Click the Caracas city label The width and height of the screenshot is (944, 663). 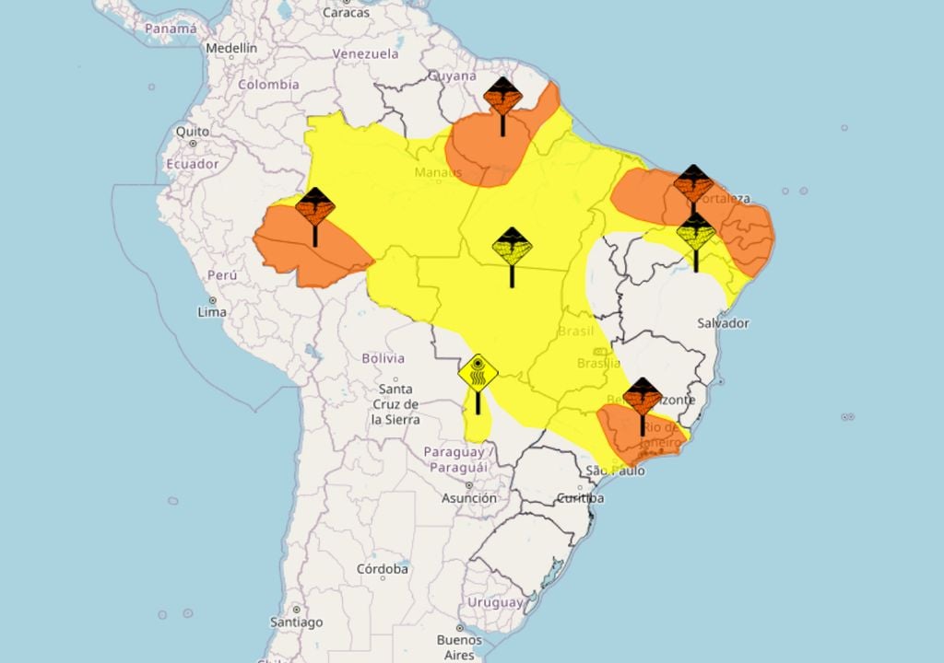coord(347,13)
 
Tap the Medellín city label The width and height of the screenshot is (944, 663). coord(231,48)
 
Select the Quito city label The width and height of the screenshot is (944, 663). coord(193,132)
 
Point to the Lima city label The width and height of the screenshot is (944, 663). coord(213,312)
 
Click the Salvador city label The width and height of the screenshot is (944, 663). coord(723,323)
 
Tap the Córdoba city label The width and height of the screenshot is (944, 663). coord(383,569)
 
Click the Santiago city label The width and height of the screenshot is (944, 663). coord(297,622)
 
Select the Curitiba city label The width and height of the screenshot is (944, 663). coord(581,498)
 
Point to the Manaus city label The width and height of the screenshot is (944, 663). coord(438,173)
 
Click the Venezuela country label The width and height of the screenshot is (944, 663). coord(366,54)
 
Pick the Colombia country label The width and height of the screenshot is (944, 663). coord(269,85)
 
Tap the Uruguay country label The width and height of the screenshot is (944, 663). coord(495,602)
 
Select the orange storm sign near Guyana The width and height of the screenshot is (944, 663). coord(502,97)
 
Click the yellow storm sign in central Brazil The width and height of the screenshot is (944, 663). coord(512,247)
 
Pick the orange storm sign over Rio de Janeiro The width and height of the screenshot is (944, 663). coord(642,397)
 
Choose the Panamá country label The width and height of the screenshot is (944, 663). coord(171,29)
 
